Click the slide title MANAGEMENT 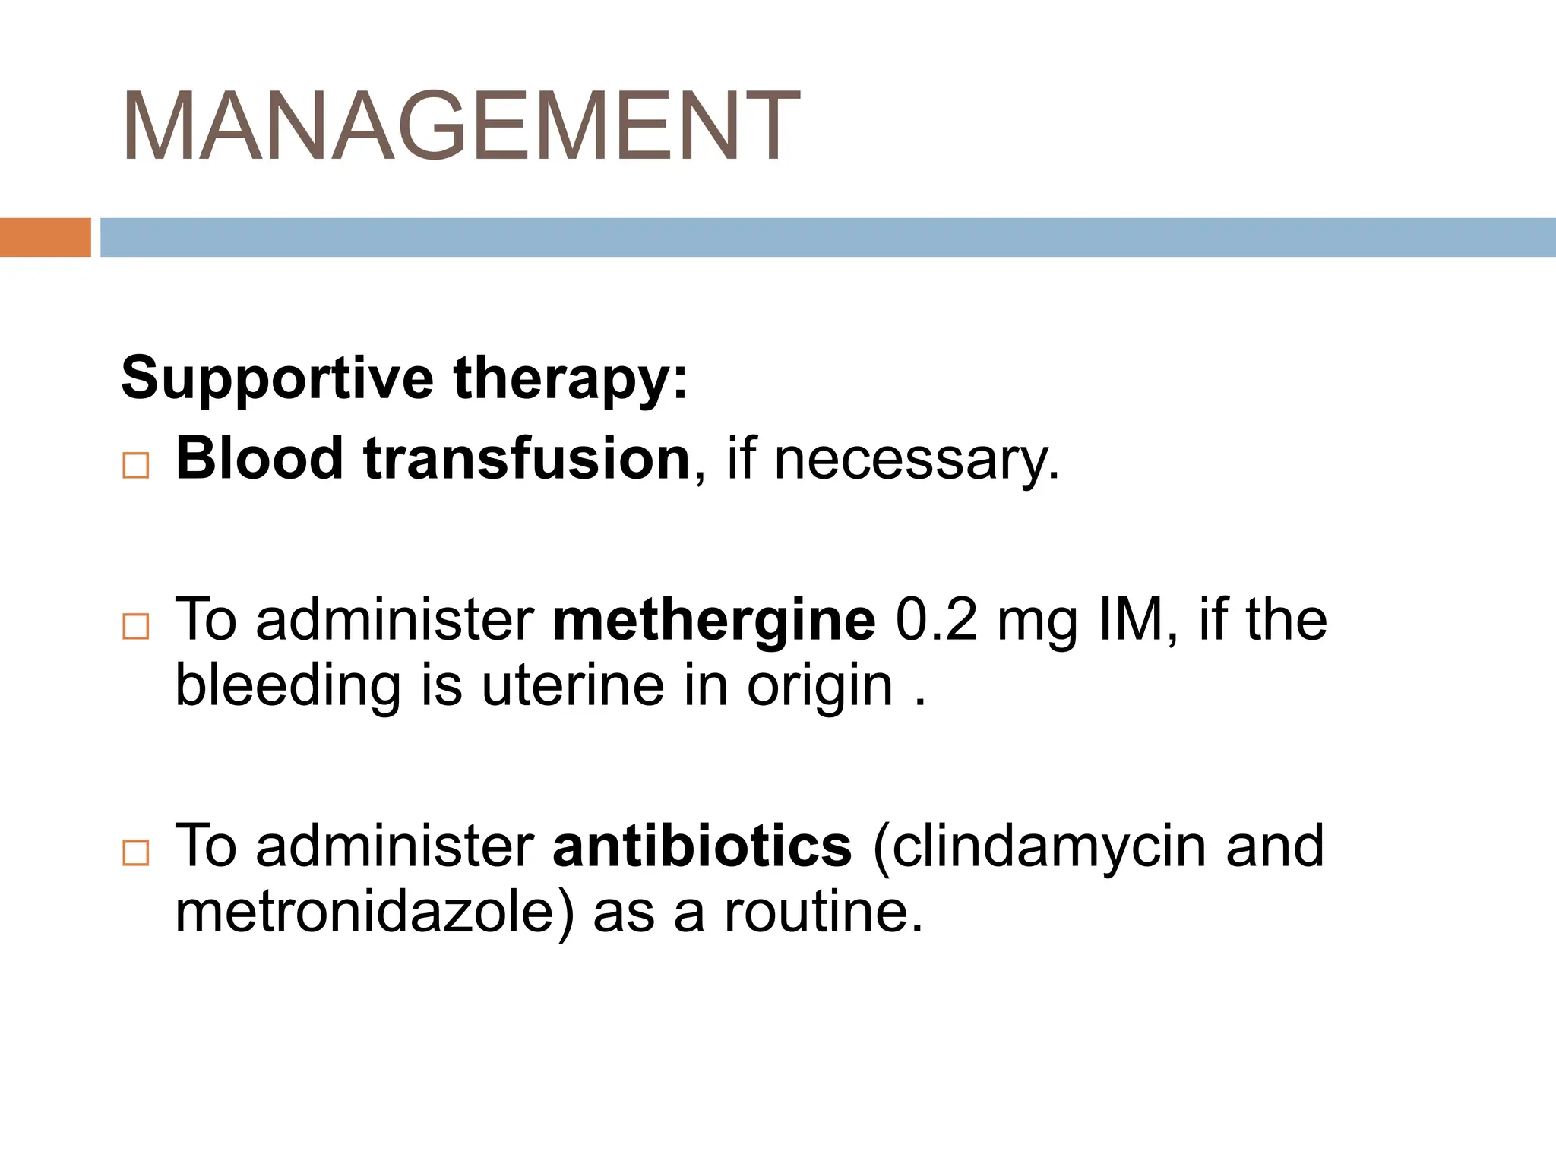(460, 127)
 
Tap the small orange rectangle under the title (45, 237)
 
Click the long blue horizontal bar (827, 237)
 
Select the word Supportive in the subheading (277, 379)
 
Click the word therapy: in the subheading (571, 379)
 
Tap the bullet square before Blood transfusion (136, 465)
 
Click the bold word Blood (259, 459)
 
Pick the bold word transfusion (527, 459)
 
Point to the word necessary (916, 460)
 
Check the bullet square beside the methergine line (136, 627)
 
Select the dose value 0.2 (936, 620)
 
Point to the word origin (820, 687)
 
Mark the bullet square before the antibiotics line (136, 853)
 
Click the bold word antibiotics (702, 846)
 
